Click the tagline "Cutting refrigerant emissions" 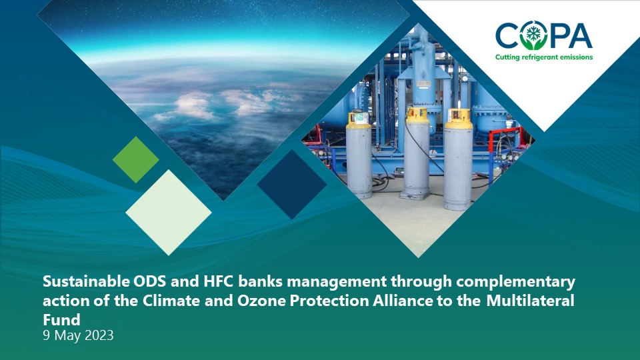544,57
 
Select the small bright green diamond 135,159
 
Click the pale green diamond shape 168,212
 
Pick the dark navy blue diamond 291,184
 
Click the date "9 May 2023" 79,335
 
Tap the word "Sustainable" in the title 87,281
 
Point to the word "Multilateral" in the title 530,301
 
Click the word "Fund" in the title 61,319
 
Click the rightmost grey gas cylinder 459,159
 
